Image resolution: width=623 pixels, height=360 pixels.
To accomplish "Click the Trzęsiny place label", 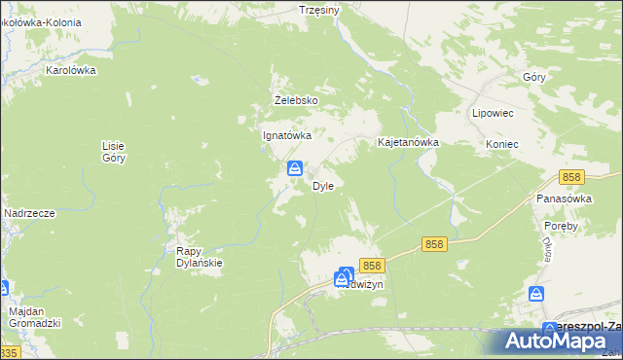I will click(x=319, y=10).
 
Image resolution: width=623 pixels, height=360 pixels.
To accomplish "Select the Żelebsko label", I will click(x=296, y=100).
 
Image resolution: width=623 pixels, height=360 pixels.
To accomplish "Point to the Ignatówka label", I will click(x=287, y=136).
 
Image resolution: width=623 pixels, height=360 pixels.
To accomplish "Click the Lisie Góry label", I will click(x=114, y=152).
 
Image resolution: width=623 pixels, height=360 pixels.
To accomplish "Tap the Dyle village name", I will click(x=323, y=186).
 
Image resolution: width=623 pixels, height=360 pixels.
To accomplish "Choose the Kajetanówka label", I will click(x=409, y=142).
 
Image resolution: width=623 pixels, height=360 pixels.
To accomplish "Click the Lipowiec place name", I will click(x=493, y=113).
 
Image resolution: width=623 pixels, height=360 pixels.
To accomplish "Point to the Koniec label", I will click(x=501, y=144).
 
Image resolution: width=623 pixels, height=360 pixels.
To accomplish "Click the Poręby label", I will click(x=562, y=226).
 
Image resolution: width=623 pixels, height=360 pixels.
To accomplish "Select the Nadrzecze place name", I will click(x=28, y=213).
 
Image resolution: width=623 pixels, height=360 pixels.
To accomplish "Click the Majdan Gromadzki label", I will click(x=35, y=316).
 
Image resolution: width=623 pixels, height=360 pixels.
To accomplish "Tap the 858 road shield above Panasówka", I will click(x=571, y=177).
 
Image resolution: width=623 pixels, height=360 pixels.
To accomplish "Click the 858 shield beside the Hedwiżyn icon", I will click(x=371, y=265).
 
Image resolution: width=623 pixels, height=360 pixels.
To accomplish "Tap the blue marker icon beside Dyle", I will click(x=293, y=169).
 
